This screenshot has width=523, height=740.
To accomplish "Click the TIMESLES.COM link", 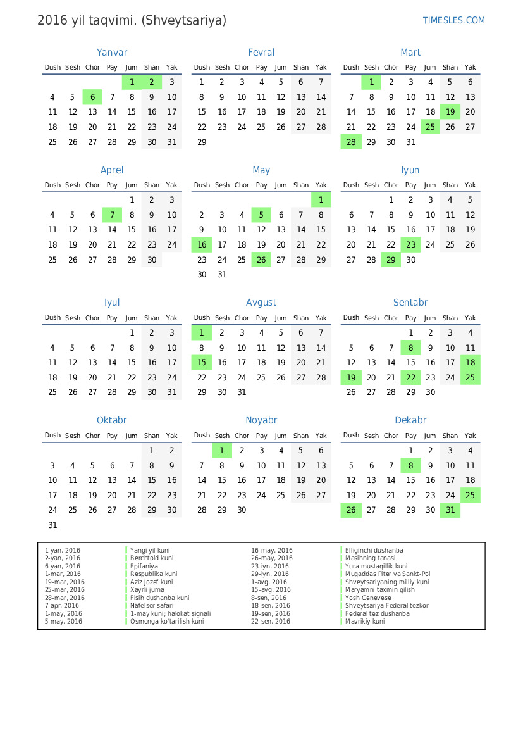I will pos(453,20).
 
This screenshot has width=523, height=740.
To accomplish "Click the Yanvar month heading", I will pos(112,53).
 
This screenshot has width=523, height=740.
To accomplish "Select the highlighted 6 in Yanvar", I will pos(92,97).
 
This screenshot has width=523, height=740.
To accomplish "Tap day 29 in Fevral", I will pos(202,142).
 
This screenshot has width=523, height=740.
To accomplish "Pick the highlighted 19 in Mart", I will pos(450,112).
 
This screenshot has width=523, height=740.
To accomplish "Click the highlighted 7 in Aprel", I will pos(112,215).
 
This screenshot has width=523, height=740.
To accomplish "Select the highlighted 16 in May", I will pos(202,245).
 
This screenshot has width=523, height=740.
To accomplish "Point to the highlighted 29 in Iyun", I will pos(391,260).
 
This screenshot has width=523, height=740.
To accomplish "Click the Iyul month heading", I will pos(112,303).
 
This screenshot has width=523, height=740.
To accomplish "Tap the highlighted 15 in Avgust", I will pos(202,363).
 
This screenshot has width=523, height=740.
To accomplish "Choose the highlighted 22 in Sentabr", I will pos(411,378).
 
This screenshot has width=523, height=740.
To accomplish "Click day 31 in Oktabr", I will pos(52,525).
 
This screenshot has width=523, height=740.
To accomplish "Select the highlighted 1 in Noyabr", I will pos(222,450).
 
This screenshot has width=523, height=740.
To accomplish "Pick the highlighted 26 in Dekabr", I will pos(351,510).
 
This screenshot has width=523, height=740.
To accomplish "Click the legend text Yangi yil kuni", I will pos(150,551).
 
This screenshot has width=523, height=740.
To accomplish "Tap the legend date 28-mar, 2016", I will pos(65,598).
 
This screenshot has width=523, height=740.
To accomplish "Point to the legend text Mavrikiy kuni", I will pos(365,621).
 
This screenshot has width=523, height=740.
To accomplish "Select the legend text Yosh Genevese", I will pos(368,598).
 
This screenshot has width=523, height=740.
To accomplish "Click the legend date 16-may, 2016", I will pos(272,551).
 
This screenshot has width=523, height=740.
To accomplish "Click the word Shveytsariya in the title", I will pos(184,20).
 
